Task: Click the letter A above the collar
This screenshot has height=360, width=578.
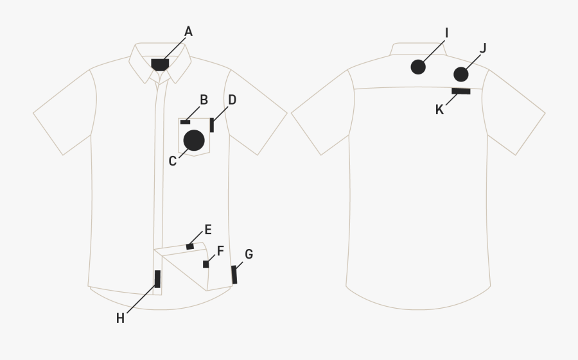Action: (x=188, y=31)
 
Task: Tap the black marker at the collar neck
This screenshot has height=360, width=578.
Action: (x=160, y=64)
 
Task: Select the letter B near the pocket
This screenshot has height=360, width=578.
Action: (x=204, y=100)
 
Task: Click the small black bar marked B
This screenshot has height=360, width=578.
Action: (x=186, y=122)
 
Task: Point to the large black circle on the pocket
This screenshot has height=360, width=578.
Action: (x=194, y=141)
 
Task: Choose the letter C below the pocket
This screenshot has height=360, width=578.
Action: (x=173, y=161)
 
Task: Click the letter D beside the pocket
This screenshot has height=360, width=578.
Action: (x=232, y=100)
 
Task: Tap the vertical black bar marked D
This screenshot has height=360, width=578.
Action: (x=211, y=125)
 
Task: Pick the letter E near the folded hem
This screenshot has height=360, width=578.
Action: (x=208, y=230)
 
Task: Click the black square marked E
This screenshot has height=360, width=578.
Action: (x=190, y=246)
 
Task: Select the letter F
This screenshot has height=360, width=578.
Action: (x=220, y=251)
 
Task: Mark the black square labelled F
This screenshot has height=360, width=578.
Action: (x=206, y=264)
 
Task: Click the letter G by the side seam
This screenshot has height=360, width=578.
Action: (x=249, y=254)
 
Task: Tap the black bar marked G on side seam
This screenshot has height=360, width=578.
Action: (x=234, y=275)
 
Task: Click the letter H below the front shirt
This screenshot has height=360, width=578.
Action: (x=120, y=318)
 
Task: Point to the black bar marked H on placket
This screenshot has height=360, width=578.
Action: (x=157, y=279)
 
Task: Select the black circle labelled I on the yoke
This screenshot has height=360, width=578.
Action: (x=418, y=67)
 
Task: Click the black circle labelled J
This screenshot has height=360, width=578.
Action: (x=461, y=74)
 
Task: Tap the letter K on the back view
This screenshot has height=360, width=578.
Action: (x=439, y=110)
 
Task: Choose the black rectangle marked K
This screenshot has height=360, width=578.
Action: (x=461, y=91)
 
